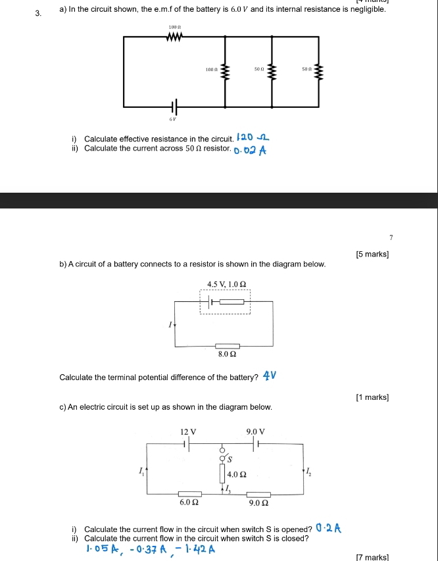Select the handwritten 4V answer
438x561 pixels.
[x=269, y=377]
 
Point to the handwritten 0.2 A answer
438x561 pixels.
[x=329, y=527]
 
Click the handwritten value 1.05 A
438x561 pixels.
[x=101, y=549]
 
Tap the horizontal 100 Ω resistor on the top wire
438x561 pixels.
[x=174, y=37]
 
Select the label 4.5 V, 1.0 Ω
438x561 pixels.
[x=226, y=284]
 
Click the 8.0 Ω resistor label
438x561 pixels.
[x=228, y=354]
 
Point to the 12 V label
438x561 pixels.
[x=188, y=431]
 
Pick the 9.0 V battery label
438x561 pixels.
[x=255, y=431]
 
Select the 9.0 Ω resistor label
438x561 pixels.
[x=258, y=503]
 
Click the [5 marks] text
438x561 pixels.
[x=372, y=254]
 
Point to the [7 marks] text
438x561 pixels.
[x=372, y=556]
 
